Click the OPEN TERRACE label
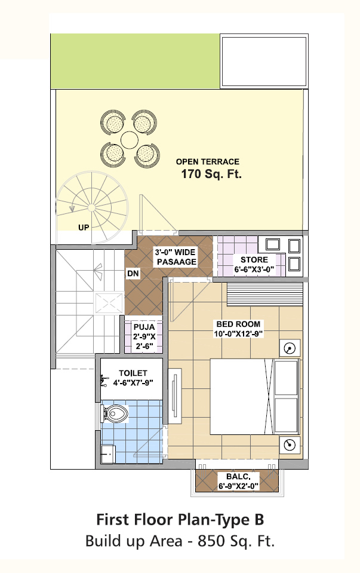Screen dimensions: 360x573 tap(207, 161)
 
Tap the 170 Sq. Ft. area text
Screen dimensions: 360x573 tap(211, 174)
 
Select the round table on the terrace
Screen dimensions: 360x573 tap(129, 140)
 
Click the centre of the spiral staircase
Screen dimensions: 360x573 tap(92, 207)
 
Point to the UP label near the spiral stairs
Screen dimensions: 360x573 tap(84, 227)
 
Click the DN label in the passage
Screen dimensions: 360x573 tap(133, 273)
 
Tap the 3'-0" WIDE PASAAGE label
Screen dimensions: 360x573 tap(176, 257)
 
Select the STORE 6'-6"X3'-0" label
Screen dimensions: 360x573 tap(254, 265)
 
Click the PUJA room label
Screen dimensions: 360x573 tap(144, 336)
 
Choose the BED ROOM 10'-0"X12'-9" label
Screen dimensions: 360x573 tap(238, 329)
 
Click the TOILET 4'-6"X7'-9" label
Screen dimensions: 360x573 tap(133, 378)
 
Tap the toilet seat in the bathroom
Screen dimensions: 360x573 tap(115, 413)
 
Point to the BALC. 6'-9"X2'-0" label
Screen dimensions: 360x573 tap(238, 481)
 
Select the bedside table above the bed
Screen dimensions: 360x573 tap(290, 348)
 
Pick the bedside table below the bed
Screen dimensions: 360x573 tap(290, 445)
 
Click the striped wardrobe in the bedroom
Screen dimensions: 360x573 tap(264, 294)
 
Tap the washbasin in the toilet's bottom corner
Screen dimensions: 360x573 tap(108, 454)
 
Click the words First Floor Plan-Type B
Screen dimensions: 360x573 tap(180, 519)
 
